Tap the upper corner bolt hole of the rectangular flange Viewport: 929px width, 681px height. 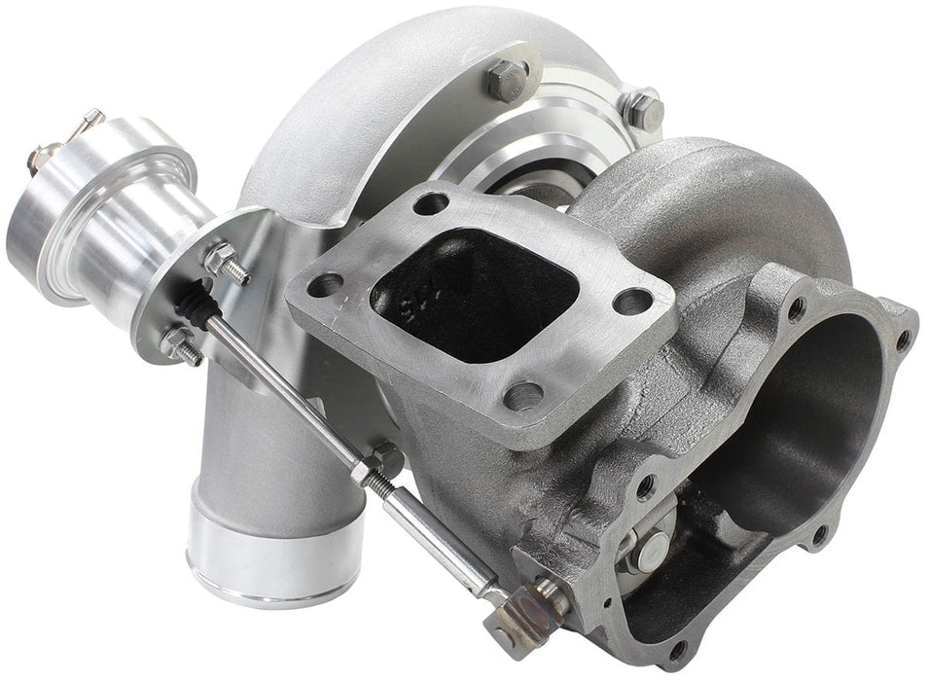[431, 204]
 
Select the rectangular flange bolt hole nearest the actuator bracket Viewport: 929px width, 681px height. [324, 285]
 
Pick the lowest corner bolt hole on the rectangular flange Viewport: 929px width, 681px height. [523, 394]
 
